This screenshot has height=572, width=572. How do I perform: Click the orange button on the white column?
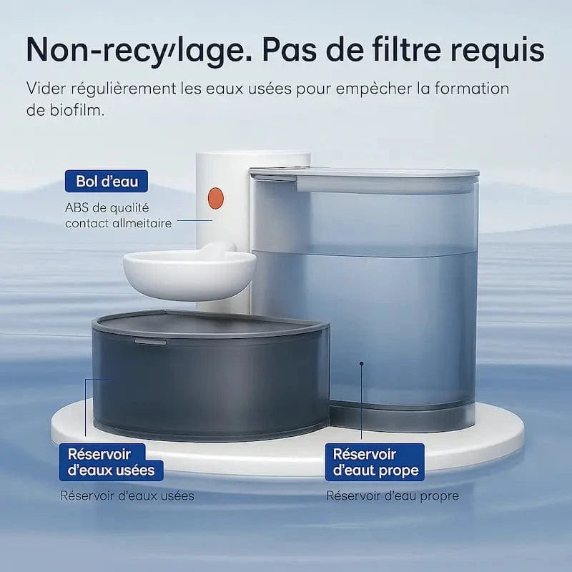(x=215, y=199)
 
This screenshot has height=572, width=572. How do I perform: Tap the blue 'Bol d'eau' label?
(x=107, y=181)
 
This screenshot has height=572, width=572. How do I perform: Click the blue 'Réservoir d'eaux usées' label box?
(x=111, y=462)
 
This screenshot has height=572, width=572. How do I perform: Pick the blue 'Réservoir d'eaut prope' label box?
(x=375, y=462)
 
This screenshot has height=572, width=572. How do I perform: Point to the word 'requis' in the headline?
(x=498, y=51)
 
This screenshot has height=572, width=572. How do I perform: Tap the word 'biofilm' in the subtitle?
(x=65, y=110)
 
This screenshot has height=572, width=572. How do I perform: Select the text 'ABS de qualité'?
(x=107, y=207)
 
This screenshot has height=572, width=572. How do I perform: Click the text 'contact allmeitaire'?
(x=118, y=223)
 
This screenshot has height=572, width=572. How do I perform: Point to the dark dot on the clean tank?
(x=362, y=363)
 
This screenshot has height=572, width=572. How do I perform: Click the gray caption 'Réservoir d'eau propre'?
(x=393, y=495)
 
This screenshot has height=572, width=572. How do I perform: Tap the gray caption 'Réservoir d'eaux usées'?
(x=127, y=495)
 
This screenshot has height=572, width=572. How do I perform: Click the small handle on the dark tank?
(x=150, y=342)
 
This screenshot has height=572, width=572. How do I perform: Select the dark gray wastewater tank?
(x=210, y=376)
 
